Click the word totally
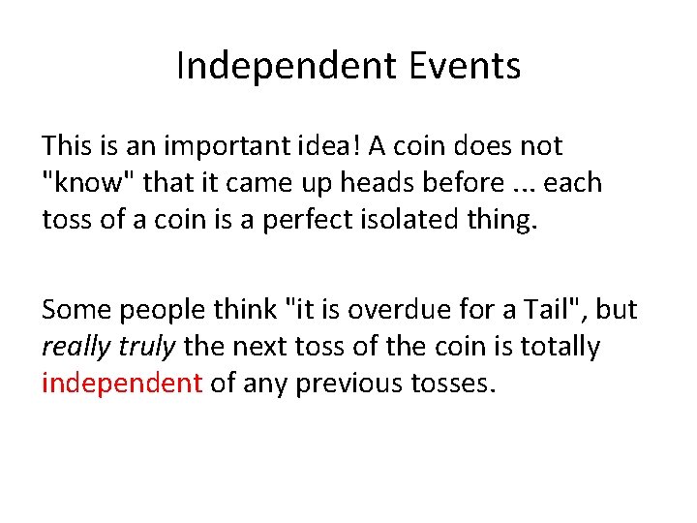(555, 347)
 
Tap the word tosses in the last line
(446, 384)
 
